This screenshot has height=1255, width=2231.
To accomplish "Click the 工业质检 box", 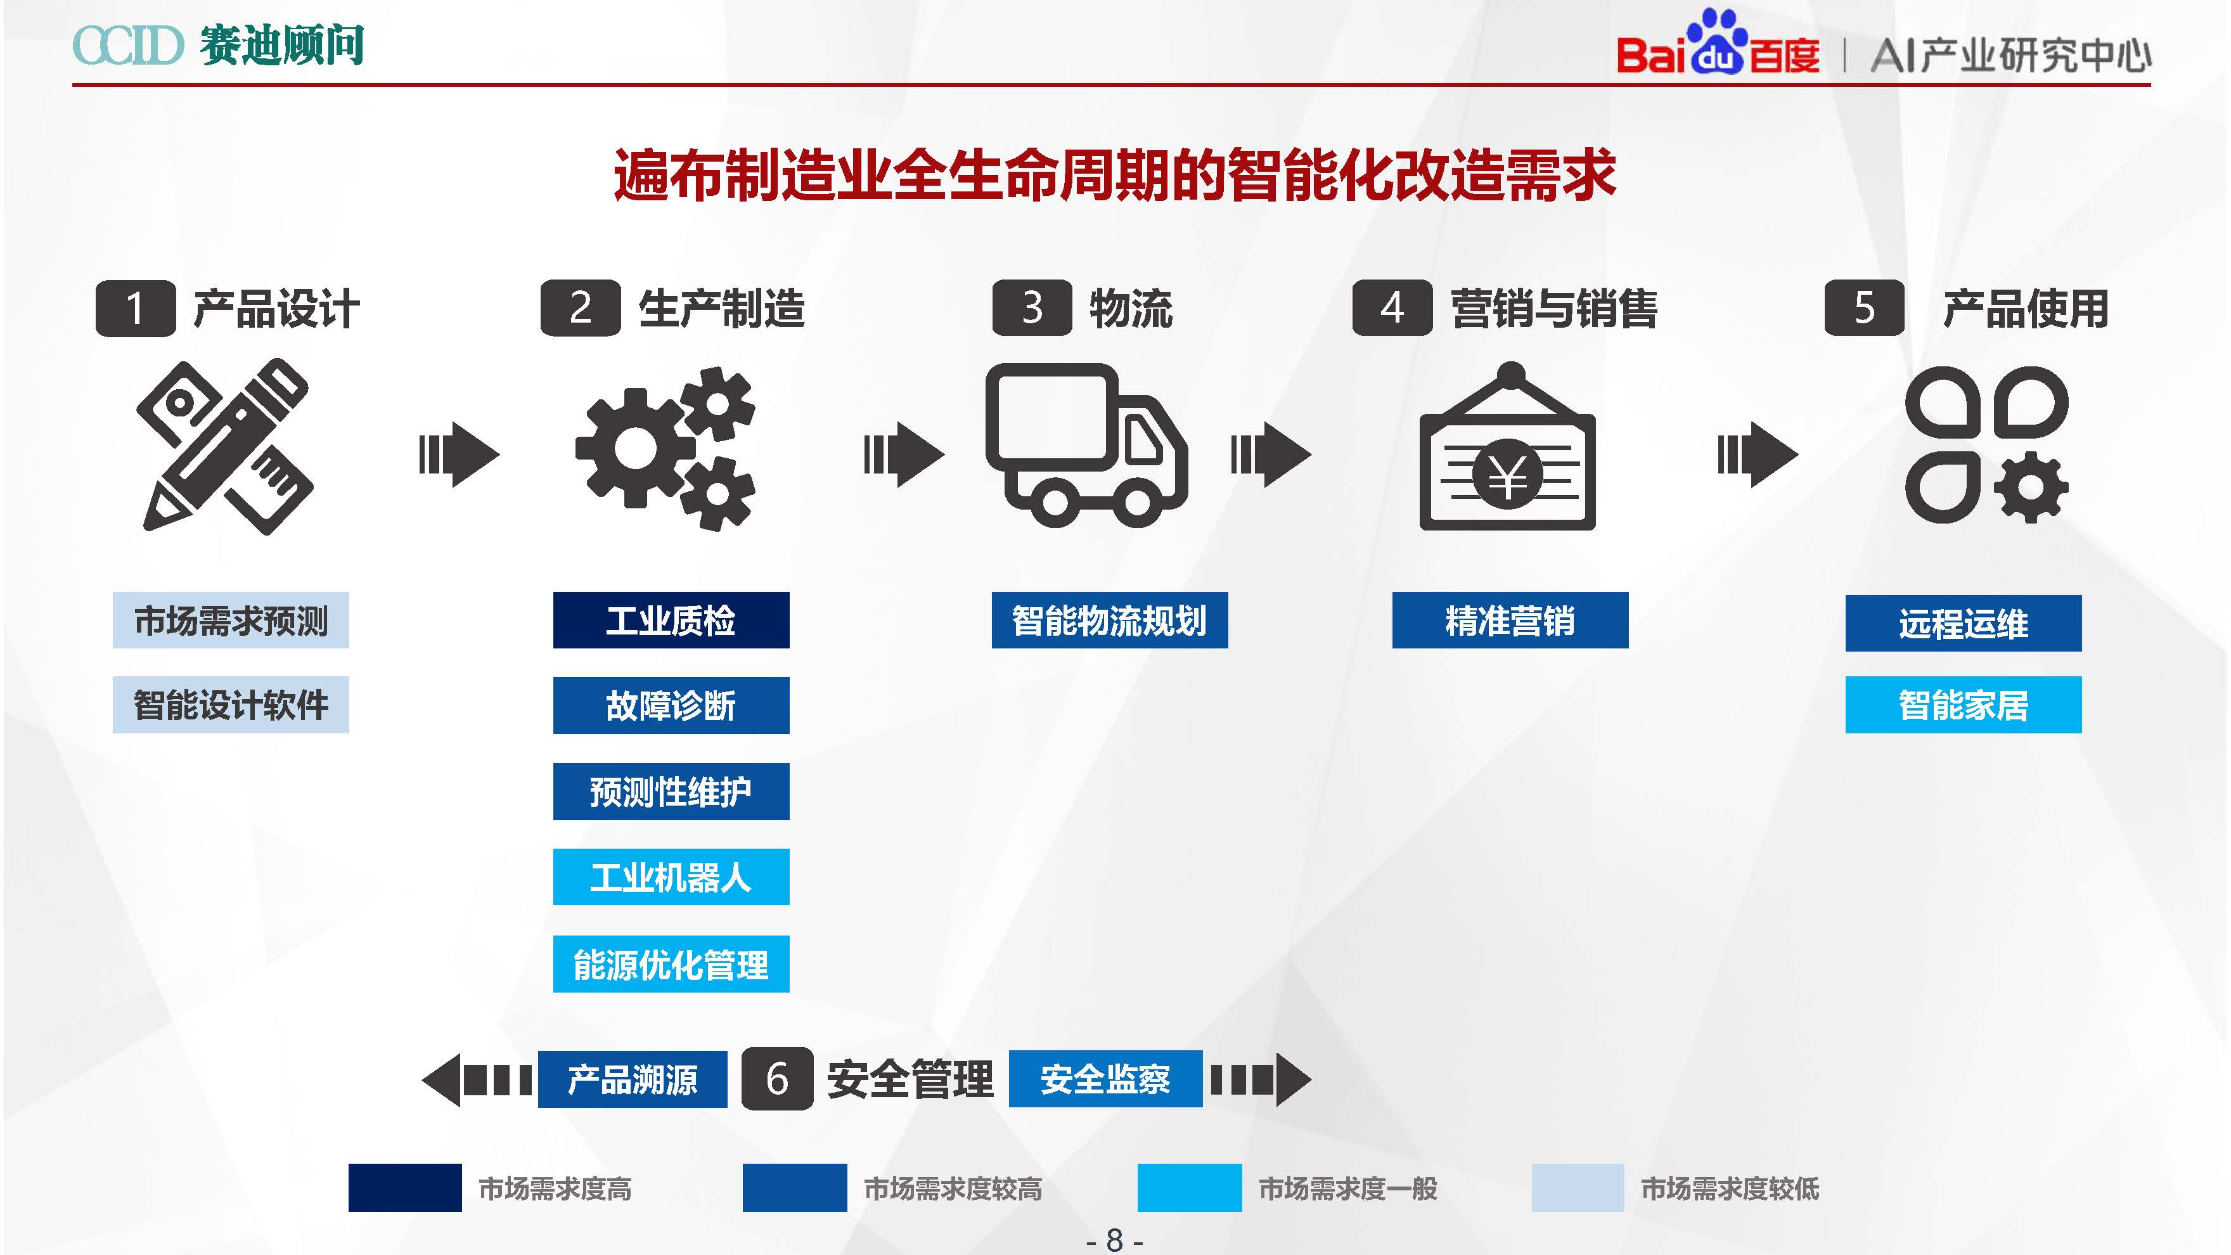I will click(671, 620).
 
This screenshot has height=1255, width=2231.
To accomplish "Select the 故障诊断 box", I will click(671, 705).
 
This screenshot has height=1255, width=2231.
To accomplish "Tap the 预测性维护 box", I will click(671, 791).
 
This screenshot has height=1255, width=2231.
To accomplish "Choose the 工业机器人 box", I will click(671, 877).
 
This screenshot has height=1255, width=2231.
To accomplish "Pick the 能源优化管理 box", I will click(671, 963).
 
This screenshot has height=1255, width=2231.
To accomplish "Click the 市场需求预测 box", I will click(230, 620).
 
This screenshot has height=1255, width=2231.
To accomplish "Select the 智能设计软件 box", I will click(230, 704).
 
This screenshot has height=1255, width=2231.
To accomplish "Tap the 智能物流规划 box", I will click(1109, 620).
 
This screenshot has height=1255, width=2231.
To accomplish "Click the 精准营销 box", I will click(1510, 620).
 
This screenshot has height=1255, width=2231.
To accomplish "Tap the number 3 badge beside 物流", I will click(1031, 307).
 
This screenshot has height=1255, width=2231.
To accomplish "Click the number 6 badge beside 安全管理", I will click(777, 1078).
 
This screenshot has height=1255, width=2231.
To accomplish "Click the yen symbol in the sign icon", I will click(1507, 475).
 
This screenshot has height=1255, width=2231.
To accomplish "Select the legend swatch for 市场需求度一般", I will click(1188, 1187).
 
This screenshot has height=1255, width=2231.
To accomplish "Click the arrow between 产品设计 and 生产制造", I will click(458, 454).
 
